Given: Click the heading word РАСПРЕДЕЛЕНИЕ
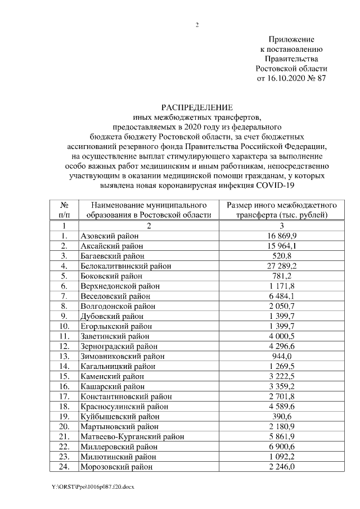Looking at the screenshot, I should (197, 107).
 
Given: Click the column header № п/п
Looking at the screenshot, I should (65, 210).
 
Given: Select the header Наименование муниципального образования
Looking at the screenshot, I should (148, 210).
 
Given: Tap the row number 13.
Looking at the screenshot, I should (65, 356).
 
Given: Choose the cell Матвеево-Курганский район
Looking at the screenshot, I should (132, 436).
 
